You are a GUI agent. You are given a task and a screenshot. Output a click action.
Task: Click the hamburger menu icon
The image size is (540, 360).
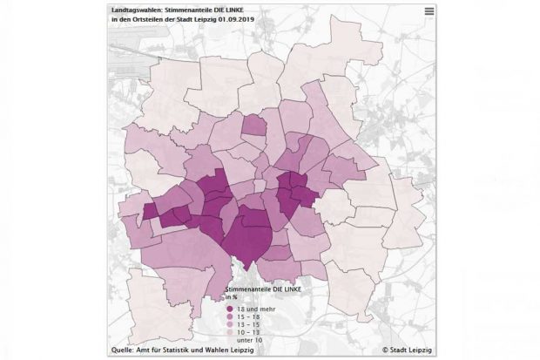429,11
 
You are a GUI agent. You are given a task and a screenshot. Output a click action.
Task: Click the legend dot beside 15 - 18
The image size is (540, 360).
230,316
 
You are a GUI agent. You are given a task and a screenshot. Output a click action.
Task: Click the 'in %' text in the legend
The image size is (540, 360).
233,296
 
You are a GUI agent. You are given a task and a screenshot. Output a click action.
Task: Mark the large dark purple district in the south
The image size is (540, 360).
249,235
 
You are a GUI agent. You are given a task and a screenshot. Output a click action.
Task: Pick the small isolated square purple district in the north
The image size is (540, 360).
254,127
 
